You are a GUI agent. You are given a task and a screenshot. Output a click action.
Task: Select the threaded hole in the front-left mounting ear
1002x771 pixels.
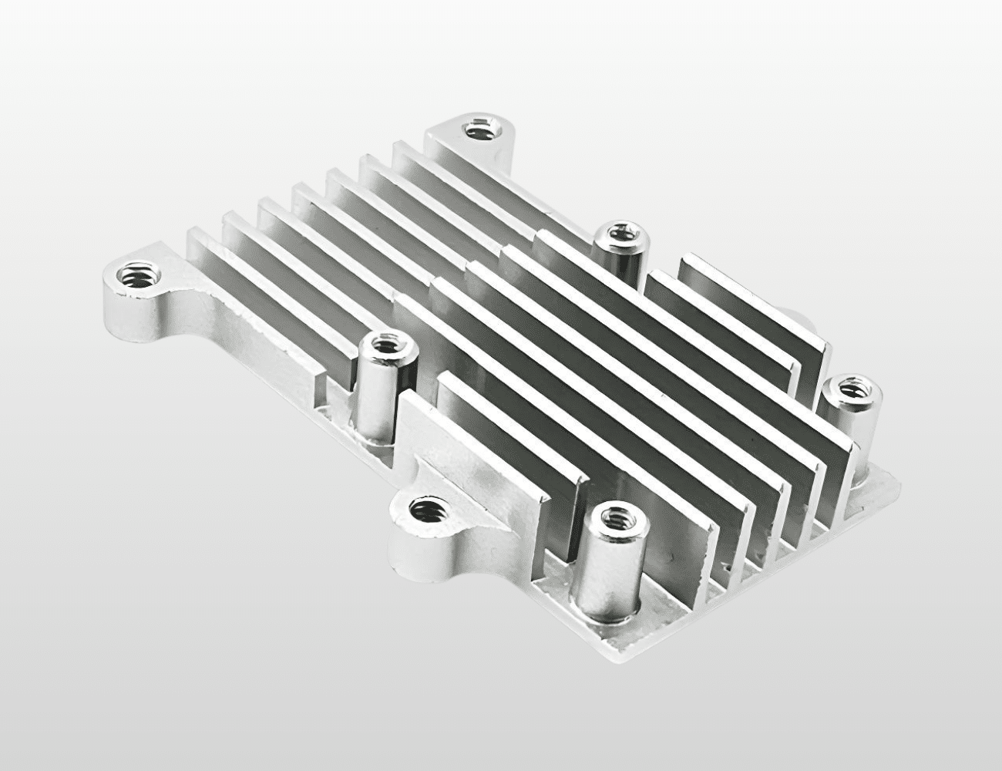pyautogui.click(x=423, y=508)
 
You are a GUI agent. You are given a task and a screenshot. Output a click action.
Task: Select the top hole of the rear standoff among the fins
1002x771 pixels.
pyautogui.click(x=621, y=232)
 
